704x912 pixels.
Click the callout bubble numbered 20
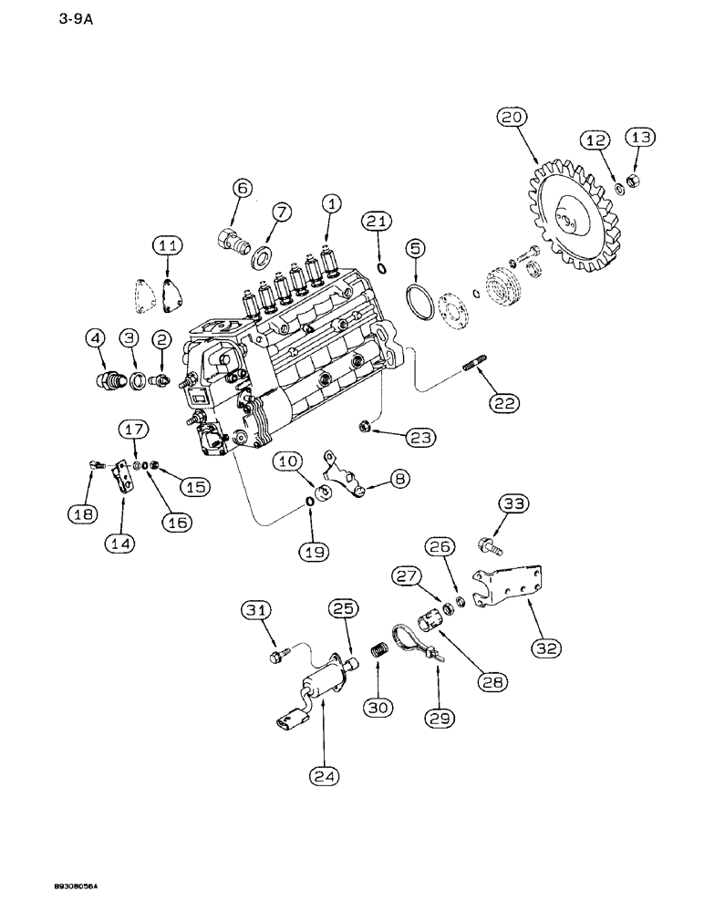pos(512,118)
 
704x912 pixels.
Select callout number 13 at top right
pos(639,138)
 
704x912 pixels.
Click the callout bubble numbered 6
pos(242,188)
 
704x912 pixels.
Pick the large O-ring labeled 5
pos(422,302)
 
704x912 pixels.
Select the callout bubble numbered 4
pos(97,338)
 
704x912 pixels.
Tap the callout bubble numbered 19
pos(310,552)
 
